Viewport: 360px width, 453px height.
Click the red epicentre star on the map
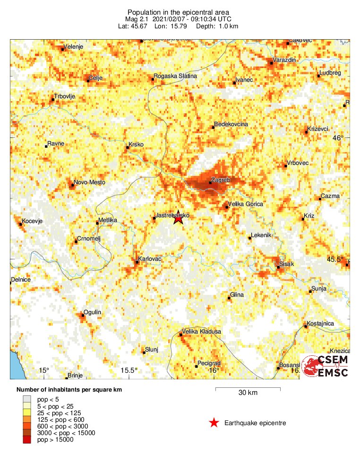[178, 218]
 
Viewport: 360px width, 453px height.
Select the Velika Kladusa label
[202, 332]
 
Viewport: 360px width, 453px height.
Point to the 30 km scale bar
[248, 389]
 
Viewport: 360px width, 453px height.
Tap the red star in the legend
[214, 423]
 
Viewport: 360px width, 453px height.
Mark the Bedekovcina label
[231, 124]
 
